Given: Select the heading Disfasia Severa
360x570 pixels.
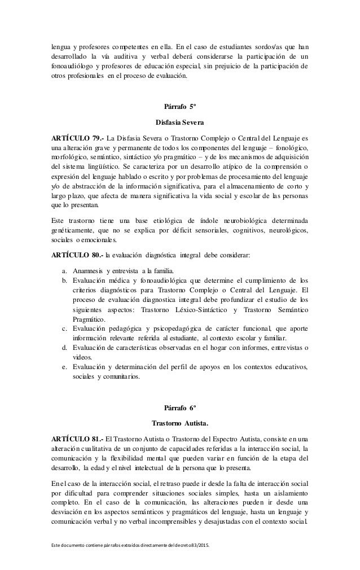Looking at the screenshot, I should [179, 122].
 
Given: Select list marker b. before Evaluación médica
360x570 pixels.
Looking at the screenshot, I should [65, 279].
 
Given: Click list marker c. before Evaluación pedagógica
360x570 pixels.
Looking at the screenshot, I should [65, 328].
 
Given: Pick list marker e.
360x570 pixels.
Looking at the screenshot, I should [65, 367].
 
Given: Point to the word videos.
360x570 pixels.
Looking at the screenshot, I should [84, 357].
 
